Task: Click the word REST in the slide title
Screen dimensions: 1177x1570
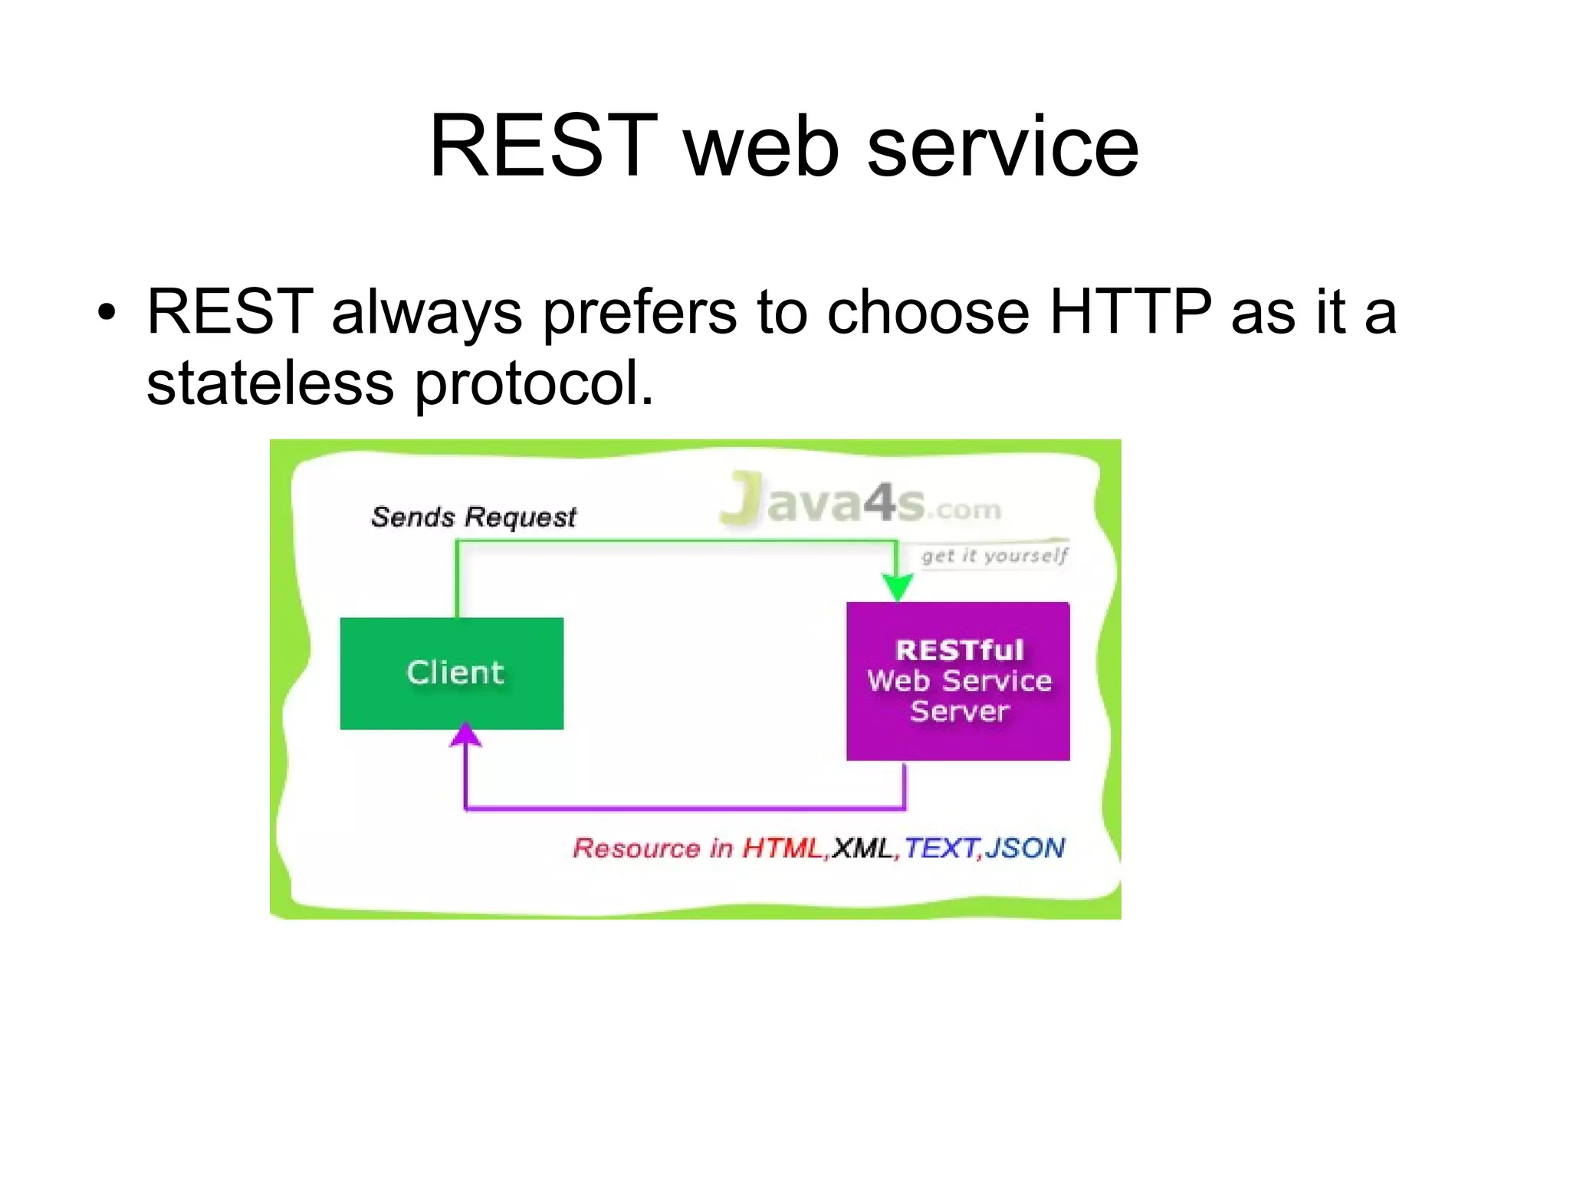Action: tap(543, 146)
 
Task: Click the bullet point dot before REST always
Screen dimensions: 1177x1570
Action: tap(107, 313)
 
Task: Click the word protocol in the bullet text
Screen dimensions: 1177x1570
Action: tap(534, 384)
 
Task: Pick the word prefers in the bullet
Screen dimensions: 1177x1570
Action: tap(639, 313)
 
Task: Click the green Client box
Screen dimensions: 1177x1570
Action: tap(452, 673)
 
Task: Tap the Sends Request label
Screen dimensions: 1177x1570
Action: tap(473, 517)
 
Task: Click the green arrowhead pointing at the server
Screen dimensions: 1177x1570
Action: tap(897, 588)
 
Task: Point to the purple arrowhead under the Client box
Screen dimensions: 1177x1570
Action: tap(465, 735)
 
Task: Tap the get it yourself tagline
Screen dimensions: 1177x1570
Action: tap(994, 555)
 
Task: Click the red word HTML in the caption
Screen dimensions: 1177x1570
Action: tap(781, 848)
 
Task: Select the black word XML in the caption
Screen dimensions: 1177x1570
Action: tap(862, 848)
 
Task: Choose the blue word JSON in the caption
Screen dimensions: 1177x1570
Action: tap(1025, 848)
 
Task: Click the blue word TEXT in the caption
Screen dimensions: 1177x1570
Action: tap(941, 848)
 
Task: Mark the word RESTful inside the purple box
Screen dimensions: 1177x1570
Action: tap(959, 650)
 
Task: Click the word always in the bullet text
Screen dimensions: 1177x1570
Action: tap(426, 313)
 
